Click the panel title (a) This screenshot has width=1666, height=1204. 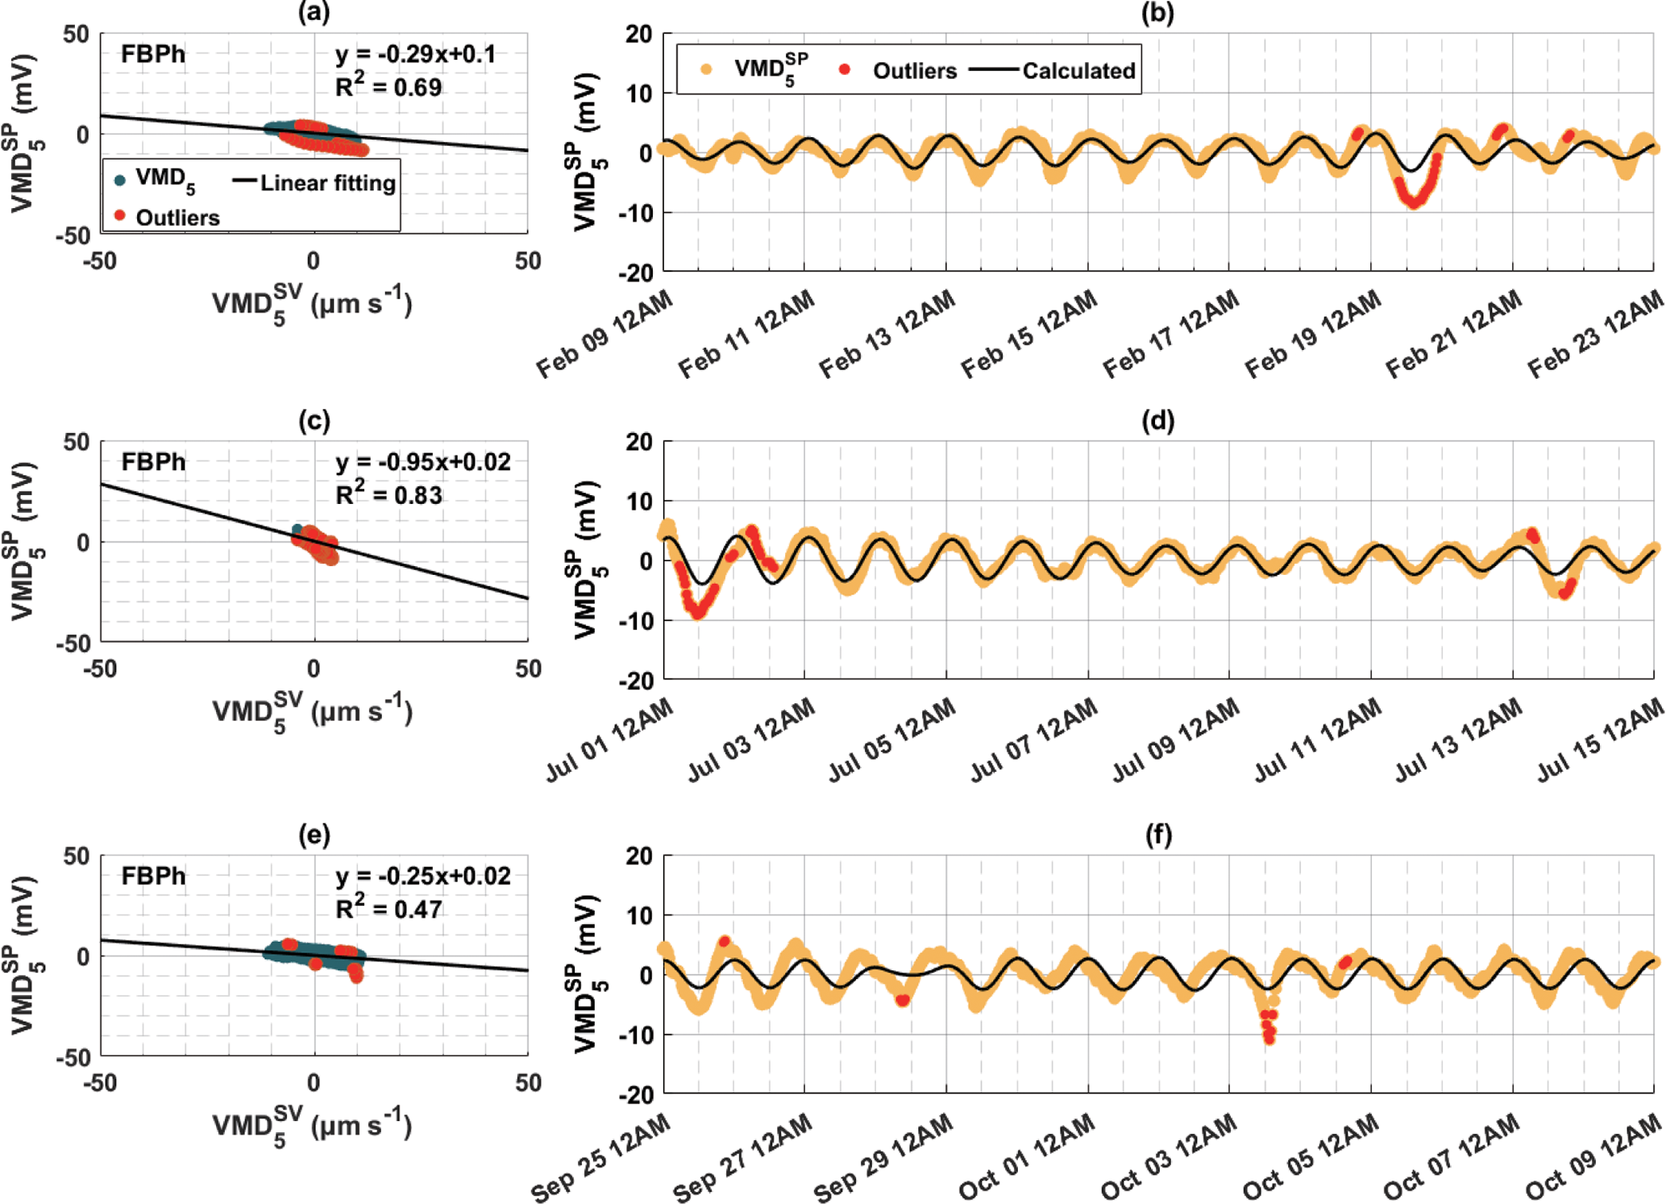coord(314,12)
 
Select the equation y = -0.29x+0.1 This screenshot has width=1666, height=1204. coord(415,55)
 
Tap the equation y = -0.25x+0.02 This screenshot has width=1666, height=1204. coord(422,877)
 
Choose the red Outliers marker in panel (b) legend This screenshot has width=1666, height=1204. coord(844,70)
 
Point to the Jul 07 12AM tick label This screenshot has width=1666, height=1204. coord(1034,740)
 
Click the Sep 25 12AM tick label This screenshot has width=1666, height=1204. coord(601,1159)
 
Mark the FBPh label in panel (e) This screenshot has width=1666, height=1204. coord(153,876)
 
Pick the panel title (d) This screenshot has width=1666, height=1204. coord(1157,420)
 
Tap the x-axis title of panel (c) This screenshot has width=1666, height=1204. coord(313,711)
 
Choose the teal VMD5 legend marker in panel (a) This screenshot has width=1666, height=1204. coord(120,180)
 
